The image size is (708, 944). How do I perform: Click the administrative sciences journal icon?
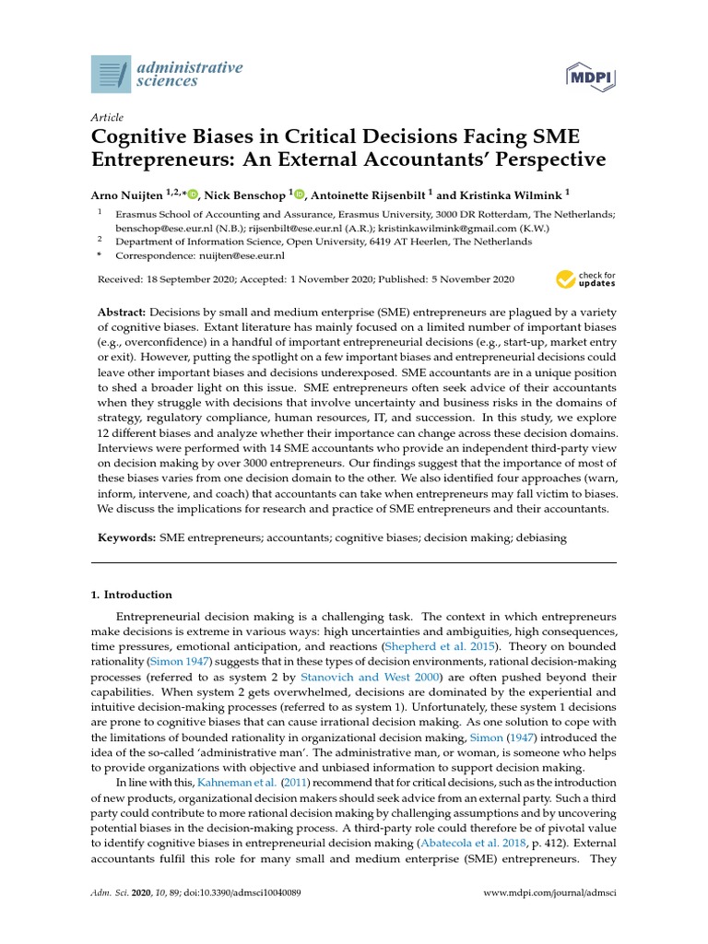pos(112,74)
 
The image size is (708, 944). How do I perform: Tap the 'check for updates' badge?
pos(586,279)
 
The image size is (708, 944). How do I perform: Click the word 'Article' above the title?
pos(107,117)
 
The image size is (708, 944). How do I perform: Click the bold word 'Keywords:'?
pos(127,537)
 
